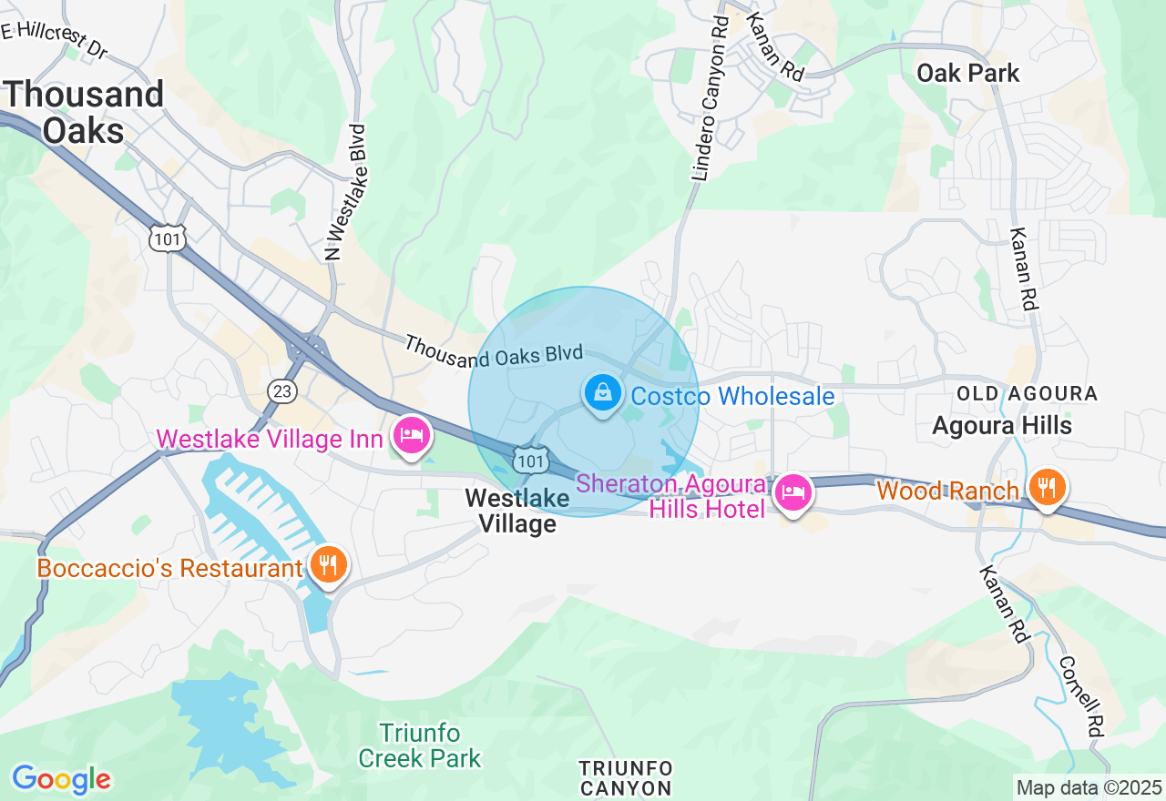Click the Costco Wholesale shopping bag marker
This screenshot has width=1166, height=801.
(602, 394)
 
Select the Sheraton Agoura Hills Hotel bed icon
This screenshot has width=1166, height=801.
(793, 493)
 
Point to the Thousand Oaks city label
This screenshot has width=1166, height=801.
(84, 112)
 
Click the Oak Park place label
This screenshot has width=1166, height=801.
(967, 73)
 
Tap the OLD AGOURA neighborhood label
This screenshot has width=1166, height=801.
(1027, 393)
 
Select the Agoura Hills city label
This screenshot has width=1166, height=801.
(1002, 425)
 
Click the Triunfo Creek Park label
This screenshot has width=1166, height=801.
(420, 745)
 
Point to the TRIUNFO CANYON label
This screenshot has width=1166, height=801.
(626, 778)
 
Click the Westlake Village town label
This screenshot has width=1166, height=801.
(517, 511)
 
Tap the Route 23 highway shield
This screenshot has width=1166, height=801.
(282, 390)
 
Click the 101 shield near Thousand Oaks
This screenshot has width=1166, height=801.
(168, 238)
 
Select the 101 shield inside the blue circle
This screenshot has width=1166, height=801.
(529, 460)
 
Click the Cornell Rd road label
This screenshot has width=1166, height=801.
(1082, 696)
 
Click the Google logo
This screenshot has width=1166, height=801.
(61, 779)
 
